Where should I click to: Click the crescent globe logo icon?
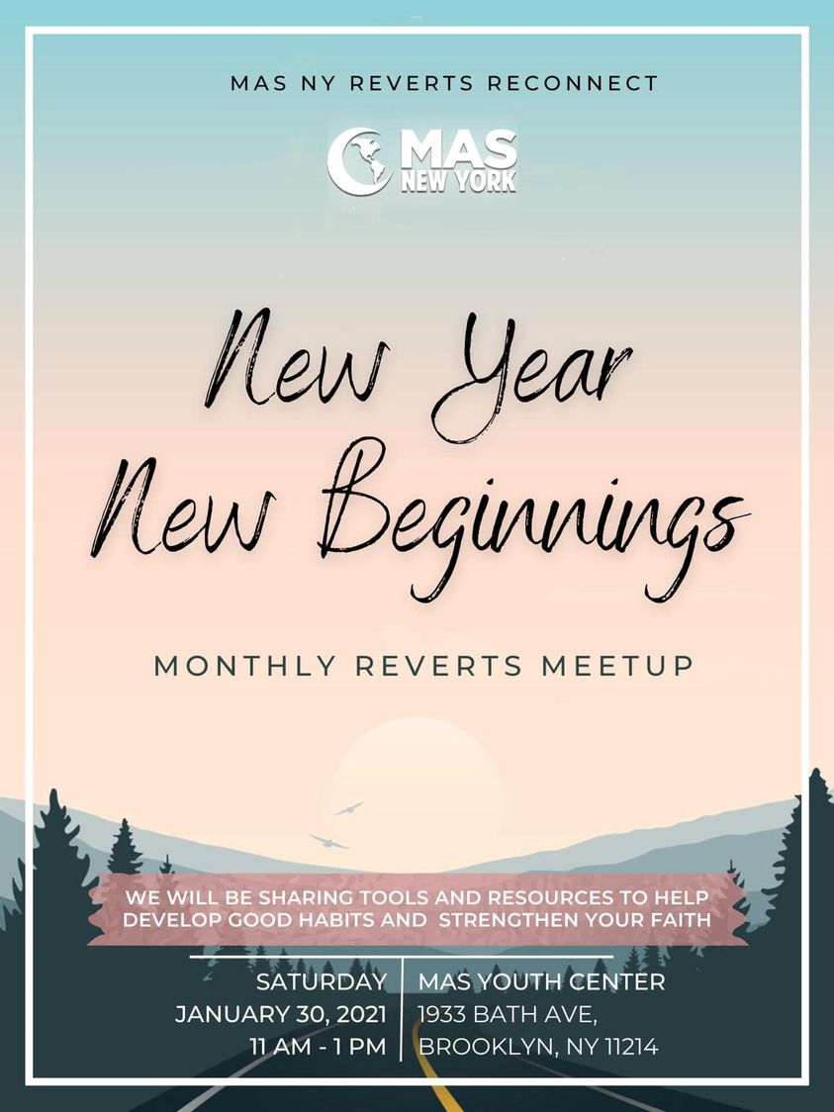[x=359, y=161]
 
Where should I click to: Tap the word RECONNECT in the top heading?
[x=572, y=83]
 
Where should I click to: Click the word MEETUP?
[x=617, y=666]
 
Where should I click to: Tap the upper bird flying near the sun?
[x=348, y=807]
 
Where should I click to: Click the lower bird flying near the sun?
[x=328, y=842]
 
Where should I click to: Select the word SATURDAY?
[x=322, y=981]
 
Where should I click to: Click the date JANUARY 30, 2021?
[x=281, y=1014]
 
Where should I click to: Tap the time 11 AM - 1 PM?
[x=318, y=1046]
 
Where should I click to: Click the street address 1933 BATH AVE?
[x=508, y=1014]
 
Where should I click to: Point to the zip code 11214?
[x=631, y=1046]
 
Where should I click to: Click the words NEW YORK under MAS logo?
[x=459, y=181]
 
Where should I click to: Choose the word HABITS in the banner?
[x=327, y=920]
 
